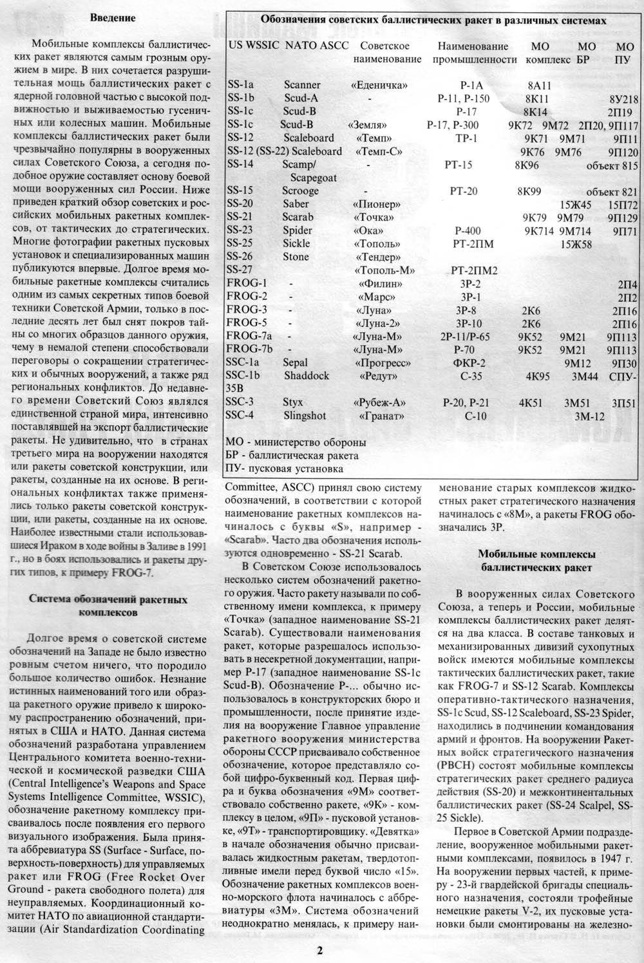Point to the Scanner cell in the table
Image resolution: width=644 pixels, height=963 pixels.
pos(302,84)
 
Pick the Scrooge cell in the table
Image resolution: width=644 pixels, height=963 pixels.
pos(300,191)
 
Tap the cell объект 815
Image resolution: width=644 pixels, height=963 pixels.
pos(609,164)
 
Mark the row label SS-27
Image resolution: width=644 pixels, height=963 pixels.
pos(240,270)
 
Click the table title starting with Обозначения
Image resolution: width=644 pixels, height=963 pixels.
pos(433,21)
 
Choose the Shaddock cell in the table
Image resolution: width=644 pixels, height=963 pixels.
pos(307,375)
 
